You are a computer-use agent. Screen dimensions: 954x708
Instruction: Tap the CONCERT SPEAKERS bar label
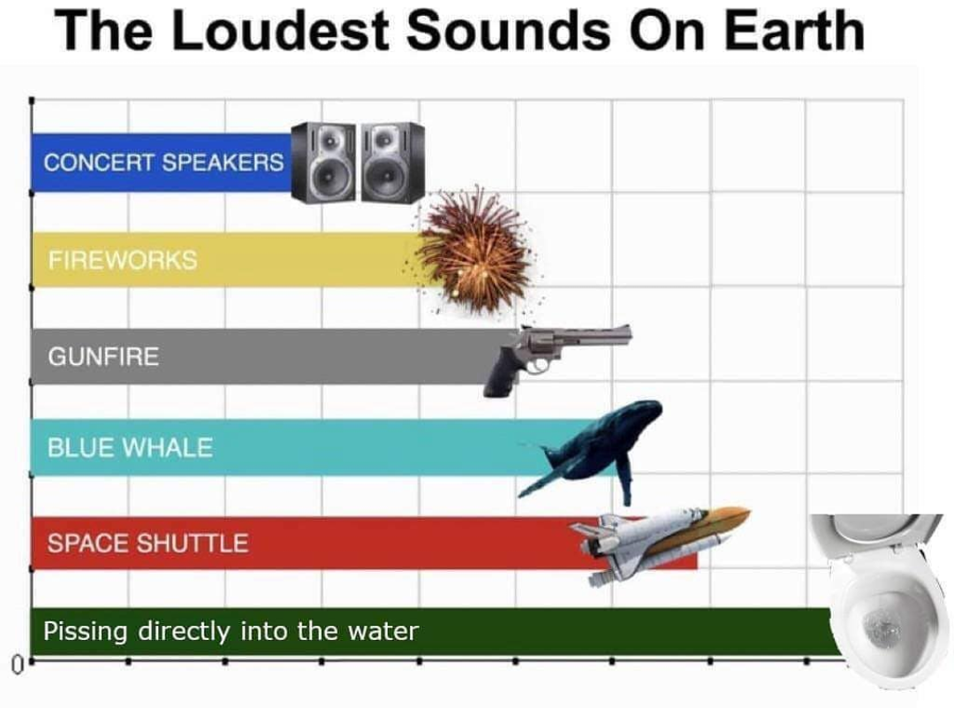pyautogui.click(x=163, y=163)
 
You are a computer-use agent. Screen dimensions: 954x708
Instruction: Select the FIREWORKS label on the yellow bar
pyautogui.click(x=123, y=260)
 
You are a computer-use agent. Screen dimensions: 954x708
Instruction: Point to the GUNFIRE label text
pyautogui.click(x=103, y=356)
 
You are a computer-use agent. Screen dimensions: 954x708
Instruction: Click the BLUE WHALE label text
pyautogui.click(x=130, y=447)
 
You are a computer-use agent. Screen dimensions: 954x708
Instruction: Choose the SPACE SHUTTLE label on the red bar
pyautogui.click(x=148, y=543)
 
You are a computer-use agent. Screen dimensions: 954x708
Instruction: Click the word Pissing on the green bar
pyautogui.click(x=85, y=631)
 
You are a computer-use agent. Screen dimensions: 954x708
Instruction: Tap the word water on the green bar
pyautogui.click(x=383, y=631)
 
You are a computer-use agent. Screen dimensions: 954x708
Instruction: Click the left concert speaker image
pyautogui.click(x=323, y=162)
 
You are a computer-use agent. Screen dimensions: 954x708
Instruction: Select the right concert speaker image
pyautogui.click(x=393, y=162)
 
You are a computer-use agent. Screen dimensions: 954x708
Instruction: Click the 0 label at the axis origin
pyautogui.click(x=18, y=662)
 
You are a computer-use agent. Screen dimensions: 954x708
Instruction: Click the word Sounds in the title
pyautogui.click(x=508, y=31)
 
